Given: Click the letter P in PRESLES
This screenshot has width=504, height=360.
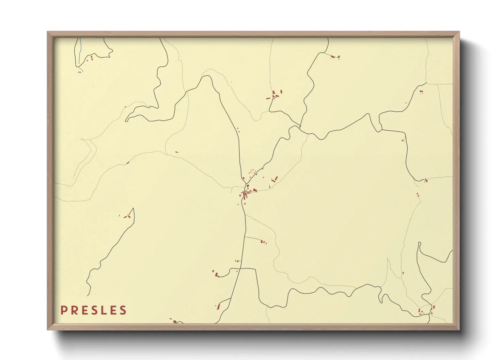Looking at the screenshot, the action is [63, 310].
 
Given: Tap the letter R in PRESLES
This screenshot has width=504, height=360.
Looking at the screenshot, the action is [74, 310].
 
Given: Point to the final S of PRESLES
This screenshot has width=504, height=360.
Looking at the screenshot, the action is [123, 310].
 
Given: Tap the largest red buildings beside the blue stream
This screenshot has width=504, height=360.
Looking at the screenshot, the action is [91, 58].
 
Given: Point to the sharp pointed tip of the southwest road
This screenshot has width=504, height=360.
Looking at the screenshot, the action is [133, 209].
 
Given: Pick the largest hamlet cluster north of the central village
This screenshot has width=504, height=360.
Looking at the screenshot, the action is [275, 94].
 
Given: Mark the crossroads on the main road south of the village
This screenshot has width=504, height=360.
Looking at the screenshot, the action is [240, 269].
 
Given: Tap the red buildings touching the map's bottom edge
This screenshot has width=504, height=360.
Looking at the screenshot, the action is [174, 321].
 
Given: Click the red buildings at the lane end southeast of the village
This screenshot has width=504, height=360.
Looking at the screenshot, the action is [263, 242].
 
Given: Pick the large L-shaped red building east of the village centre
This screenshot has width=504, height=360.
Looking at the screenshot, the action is [274, 179].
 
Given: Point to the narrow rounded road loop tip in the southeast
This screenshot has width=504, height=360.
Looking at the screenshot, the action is [419, 244].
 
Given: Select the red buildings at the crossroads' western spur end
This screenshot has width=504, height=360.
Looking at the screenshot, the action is [215, 274].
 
